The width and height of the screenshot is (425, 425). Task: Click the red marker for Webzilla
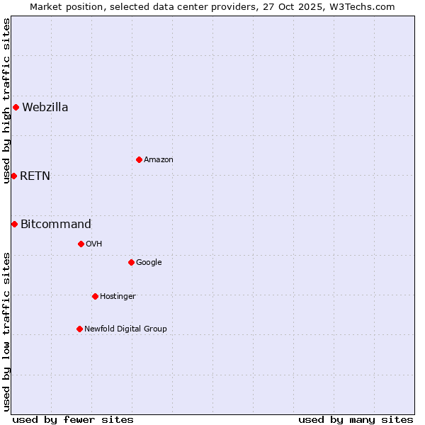click(16, 108)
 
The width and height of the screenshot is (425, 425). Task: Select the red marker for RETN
click(13, 176)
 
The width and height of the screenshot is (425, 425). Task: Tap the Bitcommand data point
click(14, 225)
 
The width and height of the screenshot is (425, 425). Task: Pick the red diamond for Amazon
click(139, 159)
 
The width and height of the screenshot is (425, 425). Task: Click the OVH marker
click(81, 244)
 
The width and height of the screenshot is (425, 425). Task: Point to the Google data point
click(131, 262)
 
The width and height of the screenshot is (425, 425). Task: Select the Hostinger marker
click(95, 296)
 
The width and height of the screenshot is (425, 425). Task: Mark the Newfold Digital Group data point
click(79, 329)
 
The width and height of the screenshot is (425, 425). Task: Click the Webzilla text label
click(45, 108)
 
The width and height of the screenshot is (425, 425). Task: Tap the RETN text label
click(35, 176)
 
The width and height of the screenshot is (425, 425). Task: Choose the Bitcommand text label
click(56, 225)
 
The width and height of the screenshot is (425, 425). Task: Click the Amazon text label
click(159, 160)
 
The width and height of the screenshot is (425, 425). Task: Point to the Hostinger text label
click(118, 296)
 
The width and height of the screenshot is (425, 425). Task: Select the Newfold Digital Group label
click(125, 329)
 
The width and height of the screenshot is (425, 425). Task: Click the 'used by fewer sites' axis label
click(73, 419)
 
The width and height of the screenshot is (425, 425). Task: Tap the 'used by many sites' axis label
click(356, 419)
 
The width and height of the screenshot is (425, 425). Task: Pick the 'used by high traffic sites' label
click(6, 101)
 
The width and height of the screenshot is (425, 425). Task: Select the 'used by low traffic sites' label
click(6, 331)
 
